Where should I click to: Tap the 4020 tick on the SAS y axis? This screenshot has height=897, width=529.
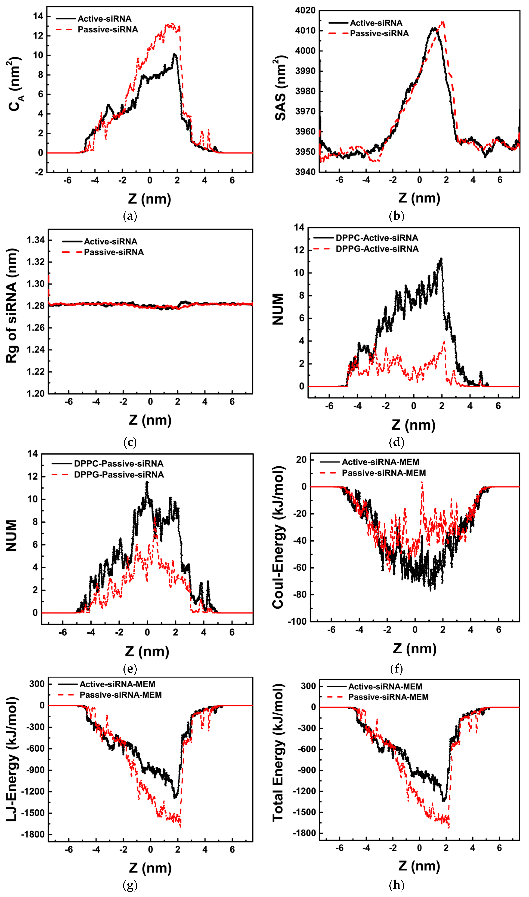click(x=305, y=10)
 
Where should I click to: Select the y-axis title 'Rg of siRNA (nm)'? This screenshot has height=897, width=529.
click(x=12, y=306)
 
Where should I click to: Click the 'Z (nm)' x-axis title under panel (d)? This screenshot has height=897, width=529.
click(x=413, y=425)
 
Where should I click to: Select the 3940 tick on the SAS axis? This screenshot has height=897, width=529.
click(x=305, y=172)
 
